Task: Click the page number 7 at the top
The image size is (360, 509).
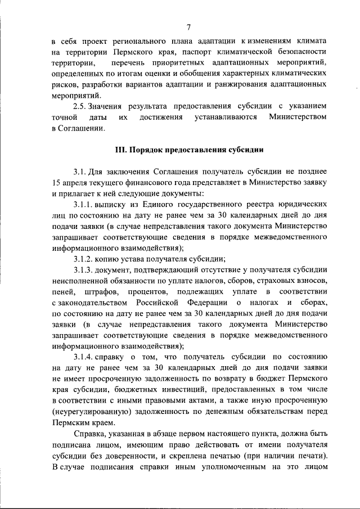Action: tap(189, 26)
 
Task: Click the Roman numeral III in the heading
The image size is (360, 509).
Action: tap(119, 151)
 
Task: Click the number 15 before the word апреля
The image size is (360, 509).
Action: tap(55, 183)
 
